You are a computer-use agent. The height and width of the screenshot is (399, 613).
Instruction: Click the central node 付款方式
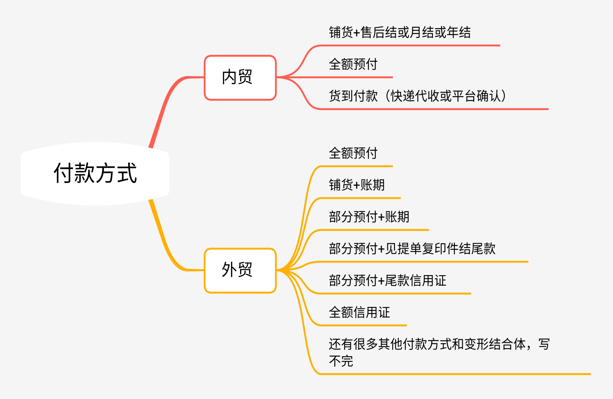[x=95, y=173]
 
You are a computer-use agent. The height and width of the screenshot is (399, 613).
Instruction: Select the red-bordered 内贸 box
[x=240, y=78]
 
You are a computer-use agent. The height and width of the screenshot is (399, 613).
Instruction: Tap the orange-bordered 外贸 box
[x=240, y=270]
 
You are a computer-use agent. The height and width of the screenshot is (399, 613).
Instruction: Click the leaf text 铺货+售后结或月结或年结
[x=400, y=33]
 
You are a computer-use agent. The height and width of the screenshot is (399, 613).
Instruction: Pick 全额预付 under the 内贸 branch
[x=353, y=65]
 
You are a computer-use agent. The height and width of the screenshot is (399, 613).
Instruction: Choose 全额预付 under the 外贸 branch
[x=353, y=153]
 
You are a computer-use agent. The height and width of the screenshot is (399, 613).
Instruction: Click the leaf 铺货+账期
[x=357, y=185]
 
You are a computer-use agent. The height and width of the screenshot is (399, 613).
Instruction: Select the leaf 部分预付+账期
[x=369, y=217]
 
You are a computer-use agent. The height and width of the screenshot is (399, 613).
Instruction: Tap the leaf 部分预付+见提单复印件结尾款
[x=412, y=249]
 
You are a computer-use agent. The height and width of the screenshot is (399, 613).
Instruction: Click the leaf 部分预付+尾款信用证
[x=387, y=281]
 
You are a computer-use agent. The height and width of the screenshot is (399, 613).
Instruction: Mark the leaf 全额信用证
[x=359, y=312]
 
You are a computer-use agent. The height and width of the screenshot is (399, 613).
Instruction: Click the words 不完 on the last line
[x=341, y=361]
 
